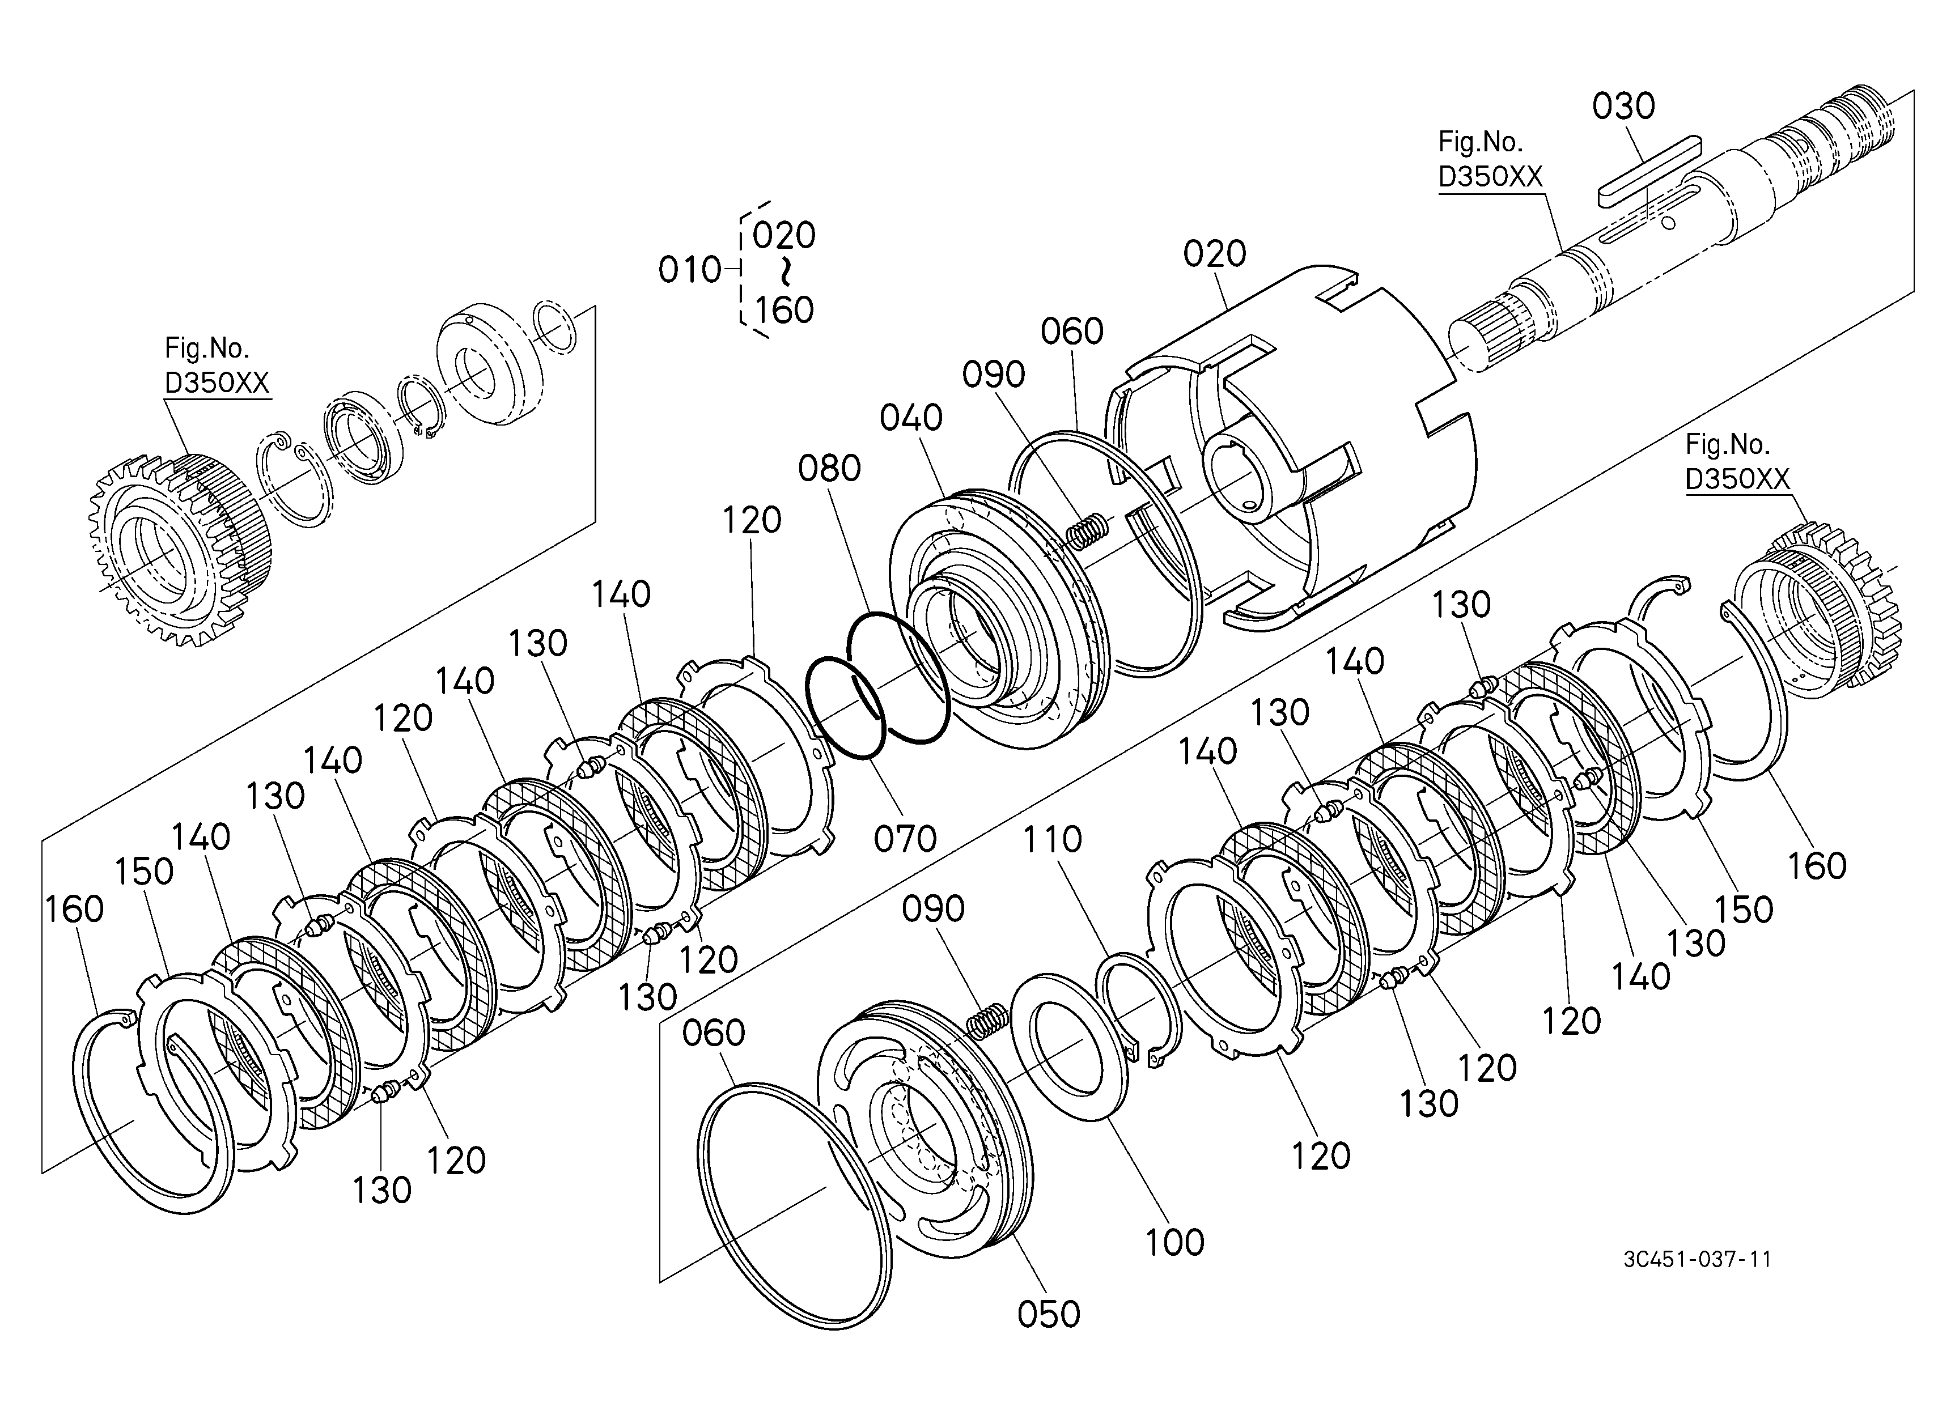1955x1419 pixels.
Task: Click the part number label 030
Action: pyautogui.click(x=1623, y=106)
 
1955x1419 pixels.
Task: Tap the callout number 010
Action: pyautogui.click(x=689, y=270)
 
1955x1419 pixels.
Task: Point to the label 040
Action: pyautogui.click(x=911, y=418)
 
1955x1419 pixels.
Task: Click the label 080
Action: pyautogui.click(x=829, y=469)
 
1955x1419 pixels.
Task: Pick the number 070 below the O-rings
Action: pyautogui.click(x=905, y=838)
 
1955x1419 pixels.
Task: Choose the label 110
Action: pyautogui.click(x=1053, y=838)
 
